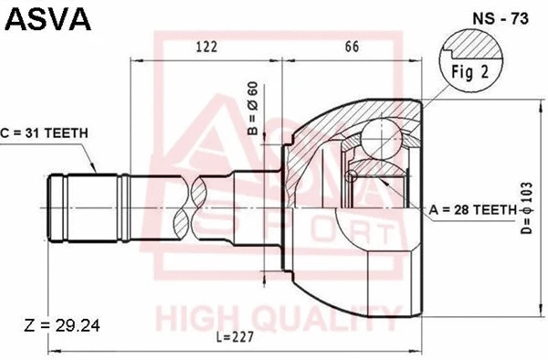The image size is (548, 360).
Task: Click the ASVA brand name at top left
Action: pyautogui.click(x=47, y=17)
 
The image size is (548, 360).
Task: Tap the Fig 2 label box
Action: pyautogui.click(x=470, y=73)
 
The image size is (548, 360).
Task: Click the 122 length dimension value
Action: pyautogui.click(x=206, y=48)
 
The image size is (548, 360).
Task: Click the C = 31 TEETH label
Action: pyautogui.click(x=45, y=133)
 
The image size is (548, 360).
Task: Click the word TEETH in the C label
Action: pyautogui.click(x=65, y=133)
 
